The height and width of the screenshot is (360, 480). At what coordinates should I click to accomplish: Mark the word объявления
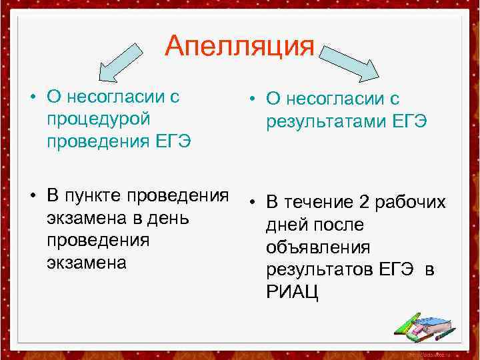point(318,247)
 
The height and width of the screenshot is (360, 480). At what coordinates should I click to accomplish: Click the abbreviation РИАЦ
point(292,291)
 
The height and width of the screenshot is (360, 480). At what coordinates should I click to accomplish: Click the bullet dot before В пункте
point(32,196)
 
